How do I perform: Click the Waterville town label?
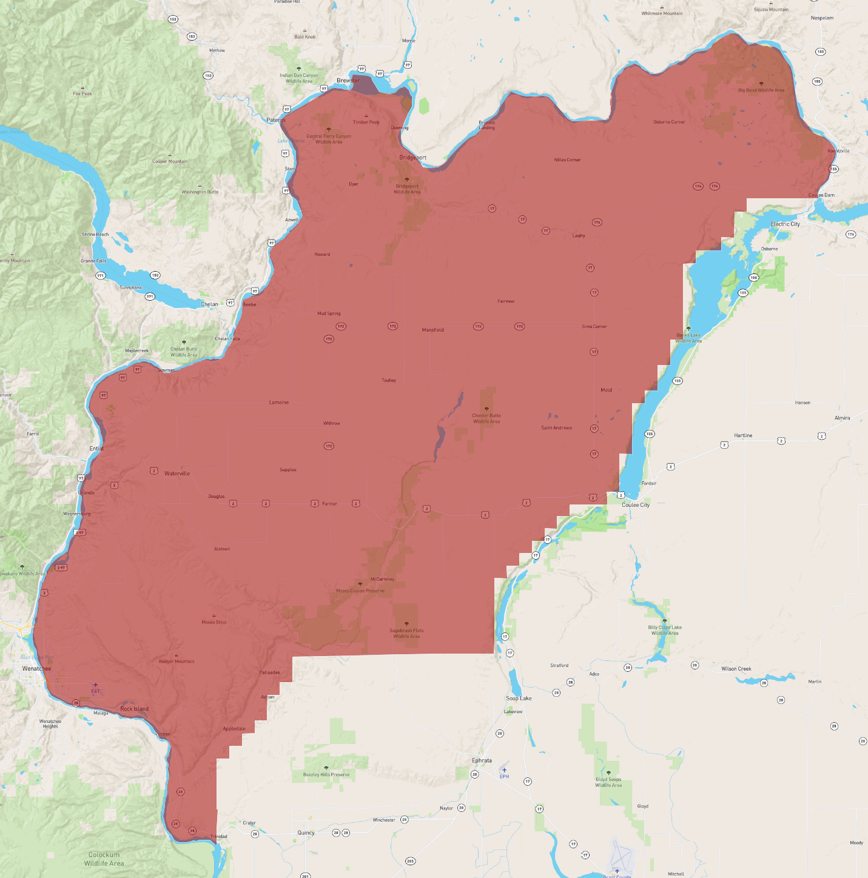(x=177, y=474)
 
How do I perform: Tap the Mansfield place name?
(x=432, y=330)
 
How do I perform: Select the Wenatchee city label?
(x=36, y=669)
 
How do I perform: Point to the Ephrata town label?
(x=482, y=760)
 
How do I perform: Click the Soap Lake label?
(x=519, y=699)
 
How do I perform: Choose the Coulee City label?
(x=635, y=505)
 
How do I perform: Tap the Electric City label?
(x=785, y=224)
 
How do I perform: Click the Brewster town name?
(x=348, y=81)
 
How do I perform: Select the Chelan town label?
(x=209, y=304)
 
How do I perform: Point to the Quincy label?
(x=306, y=833)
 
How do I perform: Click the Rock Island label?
(x=134, y=709)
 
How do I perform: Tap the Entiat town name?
(x=96, y=449)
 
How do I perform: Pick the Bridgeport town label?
(x=412, y=158)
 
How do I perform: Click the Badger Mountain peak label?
(x=177, y=662)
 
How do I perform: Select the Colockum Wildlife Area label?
(x=104, y=859)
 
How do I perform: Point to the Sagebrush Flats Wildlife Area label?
(x=406, y=633)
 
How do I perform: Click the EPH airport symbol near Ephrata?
(x=504, y=770)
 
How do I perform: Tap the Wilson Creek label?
(x=736, y=669)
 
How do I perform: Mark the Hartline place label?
(x=743, y=435)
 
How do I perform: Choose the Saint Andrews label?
(x=556, y=428)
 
